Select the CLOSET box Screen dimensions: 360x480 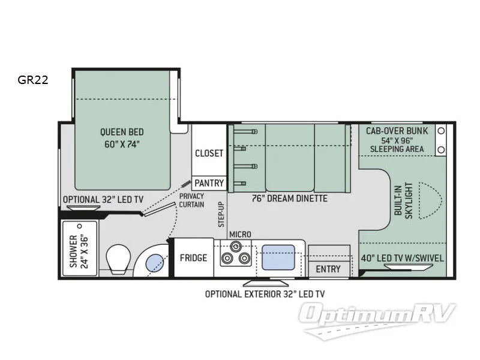pos(209,153)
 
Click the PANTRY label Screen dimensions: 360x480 pos(209,183)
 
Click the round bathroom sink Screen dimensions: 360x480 pos(154,262)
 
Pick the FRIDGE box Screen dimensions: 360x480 pos(193,258)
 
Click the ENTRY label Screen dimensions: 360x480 pos(328,269)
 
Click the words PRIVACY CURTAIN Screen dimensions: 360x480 pos(191,200)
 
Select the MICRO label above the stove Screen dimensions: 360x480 pos(240,234)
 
